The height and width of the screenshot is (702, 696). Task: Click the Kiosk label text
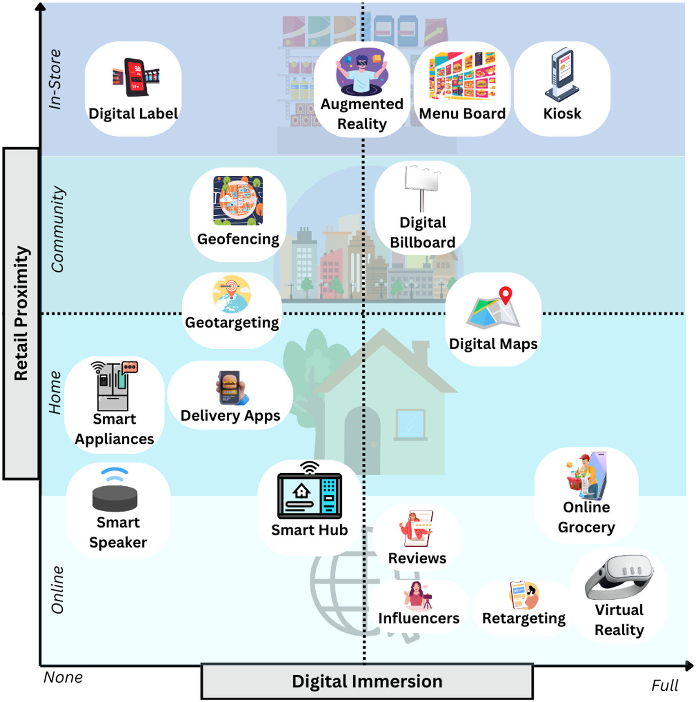pos(562,114)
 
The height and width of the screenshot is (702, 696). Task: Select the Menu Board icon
pos(462,76)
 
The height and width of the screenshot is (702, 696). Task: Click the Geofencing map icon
pos(238,201)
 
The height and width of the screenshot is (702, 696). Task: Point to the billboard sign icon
pos(422,186)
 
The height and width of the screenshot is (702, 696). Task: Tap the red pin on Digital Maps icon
pos(506,294)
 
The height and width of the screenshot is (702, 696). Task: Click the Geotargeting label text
pos(232,323)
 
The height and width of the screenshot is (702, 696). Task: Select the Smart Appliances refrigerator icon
pos(112,386)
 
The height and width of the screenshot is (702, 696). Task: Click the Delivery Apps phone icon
pos(231,388)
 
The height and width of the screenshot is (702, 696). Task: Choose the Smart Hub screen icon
pos(309,495)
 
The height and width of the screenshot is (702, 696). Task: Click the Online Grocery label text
pos(586,517)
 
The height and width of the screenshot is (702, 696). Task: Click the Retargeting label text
pos(524,618)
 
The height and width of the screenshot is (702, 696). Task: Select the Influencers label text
pos(419,618)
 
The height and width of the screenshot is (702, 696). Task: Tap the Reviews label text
pos(417,558)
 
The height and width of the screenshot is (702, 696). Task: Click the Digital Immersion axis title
pos(367,682)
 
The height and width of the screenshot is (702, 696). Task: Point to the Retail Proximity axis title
pos(21,313)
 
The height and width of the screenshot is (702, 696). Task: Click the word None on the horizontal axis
pos(63,677)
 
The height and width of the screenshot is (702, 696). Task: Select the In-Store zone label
pos(55,79)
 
